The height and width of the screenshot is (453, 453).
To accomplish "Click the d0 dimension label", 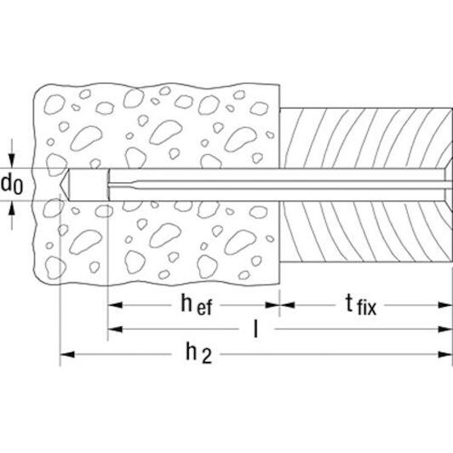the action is (12, 184).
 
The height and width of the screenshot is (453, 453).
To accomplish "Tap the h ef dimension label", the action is (197, 304).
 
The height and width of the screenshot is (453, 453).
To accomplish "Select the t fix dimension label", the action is (361, 304).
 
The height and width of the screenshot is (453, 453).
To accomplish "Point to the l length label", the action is (255, 329).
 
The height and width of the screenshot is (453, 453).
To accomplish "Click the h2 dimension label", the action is (198, 353).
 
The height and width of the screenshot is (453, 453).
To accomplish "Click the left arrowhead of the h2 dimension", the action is (67, 354).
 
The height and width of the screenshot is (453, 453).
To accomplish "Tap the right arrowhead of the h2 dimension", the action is (444, 354).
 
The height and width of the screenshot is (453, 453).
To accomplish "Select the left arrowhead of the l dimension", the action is (115, 329).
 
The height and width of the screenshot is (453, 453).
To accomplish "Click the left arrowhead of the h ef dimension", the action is (115, 305).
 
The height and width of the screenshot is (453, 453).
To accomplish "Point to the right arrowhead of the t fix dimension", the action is (444, 305).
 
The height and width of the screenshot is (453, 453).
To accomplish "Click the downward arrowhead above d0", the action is (12, 161).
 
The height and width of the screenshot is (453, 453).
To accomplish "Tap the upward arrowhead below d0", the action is (12, 209).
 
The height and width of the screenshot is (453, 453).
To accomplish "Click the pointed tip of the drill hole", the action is (60, 184).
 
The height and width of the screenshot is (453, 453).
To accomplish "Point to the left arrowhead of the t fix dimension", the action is (287, 305).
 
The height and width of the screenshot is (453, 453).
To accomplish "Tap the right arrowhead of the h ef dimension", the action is (272, 305).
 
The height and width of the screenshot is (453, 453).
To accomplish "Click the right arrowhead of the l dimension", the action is (444, 329).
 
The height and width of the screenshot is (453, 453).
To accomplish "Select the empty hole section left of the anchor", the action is (88, 184).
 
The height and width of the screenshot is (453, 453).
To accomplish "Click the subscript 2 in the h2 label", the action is (207, 357).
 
